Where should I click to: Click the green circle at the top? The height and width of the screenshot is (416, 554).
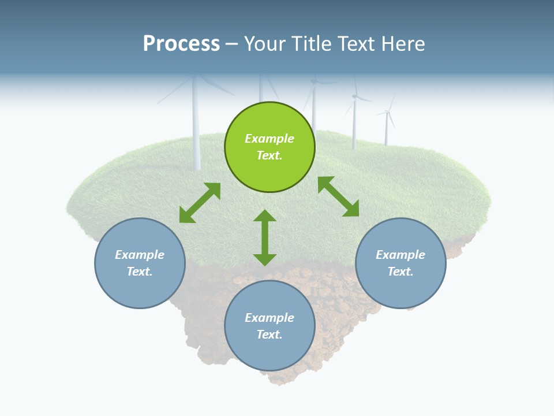269,147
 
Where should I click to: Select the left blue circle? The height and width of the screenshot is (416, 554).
140,263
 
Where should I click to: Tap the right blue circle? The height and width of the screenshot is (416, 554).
400,263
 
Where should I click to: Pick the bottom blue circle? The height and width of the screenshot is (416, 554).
269,326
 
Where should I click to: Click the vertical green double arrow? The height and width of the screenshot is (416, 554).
265,237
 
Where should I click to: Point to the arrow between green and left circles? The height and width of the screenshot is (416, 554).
200,203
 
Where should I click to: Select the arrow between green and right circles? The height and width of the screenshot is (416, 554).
338,196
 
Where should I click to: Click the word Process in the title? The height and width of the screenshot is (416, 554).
181,43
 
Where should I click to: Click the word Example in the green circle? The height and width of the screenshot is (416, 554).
269,139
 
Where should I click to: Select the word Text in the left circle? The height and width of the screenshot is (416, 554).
140,272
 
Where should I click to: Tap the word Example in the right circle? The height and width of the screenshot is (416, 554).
400,255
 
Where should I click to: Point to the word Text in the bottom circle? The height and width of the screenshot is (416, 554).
269,335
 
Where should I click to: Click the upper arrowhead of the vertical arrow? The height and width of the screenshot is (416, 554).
265,216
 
